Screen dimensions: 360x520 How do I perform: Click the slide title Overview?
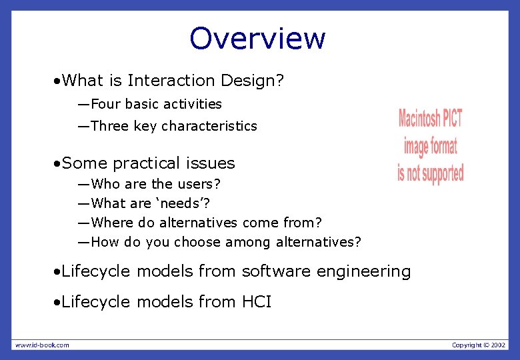pos(257,38)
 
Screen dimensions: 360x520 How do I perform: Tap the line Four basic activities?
pos(156,104)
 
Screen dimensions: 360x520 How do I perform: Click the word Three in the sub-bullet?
pos(109,126)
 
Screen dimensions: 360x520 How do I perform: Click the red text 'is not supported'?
pos(430,173)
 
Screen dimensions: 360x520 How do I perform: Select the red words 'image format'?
pos(430,146)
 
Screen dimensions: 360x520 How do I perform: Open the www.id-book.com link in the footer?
pos(42,345)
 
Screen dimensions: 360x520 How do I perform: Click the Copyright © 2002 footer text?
pos(478,345)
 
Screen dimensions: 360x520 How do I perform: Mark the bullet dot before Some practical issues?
pos(58,164)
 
